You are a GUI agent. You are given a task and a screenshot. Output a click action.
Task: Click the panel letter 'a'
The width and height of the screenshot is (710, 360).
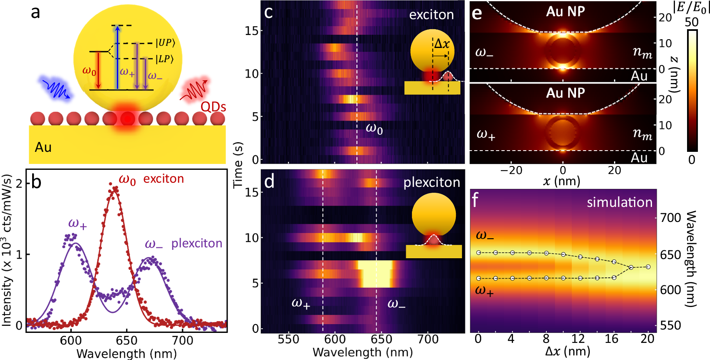[x=35, y=12]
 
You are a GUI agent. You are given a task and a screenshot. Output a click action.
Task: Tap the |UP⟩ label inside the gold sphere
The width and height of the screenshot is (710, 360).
[x=166, y=43]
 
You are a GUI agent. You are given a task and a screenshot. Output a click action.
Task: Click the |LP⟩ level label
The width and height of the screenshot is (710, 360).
[x=164, y=59]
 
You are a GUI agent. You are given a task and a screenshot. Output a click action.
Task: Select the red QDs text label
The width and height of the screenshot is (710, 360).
[x=213, y=107]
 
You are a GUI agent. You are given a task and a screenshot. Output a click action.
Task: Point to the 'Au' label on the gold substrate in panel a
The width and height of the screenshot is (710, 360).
[x=43, y=147]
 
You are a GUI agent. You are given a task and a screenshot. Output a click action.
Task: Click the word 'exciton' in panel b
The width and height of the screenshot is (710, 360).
[x=164, y=179]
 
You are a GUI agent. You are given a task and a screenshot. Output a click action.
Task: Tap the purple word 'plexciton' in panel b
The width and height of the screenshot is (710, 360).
[x=197, y=243]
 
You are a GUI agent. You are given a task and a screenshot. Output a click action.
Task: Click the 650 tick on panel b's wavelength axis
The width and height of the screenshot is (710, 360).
[x=127, y=340]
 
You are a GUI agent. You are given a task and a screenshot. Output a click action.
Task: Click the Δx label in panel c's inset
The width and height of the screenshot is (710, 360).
[x=442, y=43]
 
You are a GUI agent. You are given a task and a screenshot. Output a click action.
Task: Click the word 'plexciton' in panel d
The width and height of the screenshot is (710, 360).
[x=432, y=182]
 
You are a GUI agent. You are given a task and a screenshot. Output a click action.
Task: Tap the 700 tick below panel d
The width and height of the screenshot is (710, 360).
[x=428, y=339]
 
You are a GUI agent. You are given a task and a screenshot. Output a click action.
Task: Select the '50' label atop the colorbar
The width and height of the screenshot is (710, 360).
[x=692, y=22]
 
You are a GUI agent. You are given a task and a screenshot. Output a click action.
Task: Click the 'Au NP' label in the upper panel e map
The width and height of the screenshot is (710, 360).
[x=565, y=11]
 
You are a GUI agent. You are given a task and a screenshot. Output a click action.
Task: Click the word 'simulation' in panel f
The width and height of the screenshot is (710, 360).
[x=619, y=202]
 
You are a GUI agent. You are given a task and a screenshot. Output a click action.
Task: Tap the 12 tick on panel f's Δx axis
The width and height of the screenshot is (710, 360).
[x=578, y=338]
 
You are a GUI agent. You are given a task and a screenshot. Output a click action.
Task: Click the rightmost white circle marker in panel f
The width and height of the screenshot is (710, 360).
[x=648, y=267]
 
